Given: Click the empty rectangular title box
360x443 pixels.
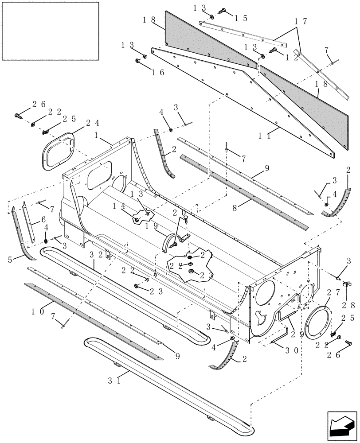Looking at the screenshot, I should (x=50, y=31).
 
